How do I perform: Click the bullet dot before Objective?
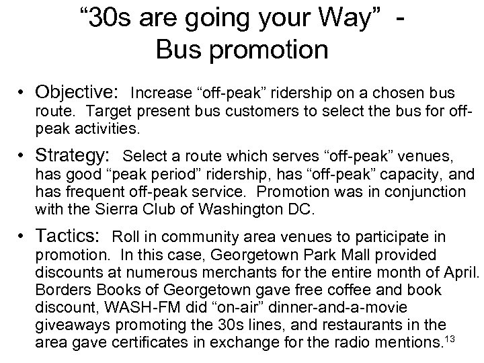point(24,92)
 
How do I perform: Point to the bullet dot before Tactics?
point(24,237)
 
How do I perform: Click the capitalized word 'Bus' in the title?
point(179,50)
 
